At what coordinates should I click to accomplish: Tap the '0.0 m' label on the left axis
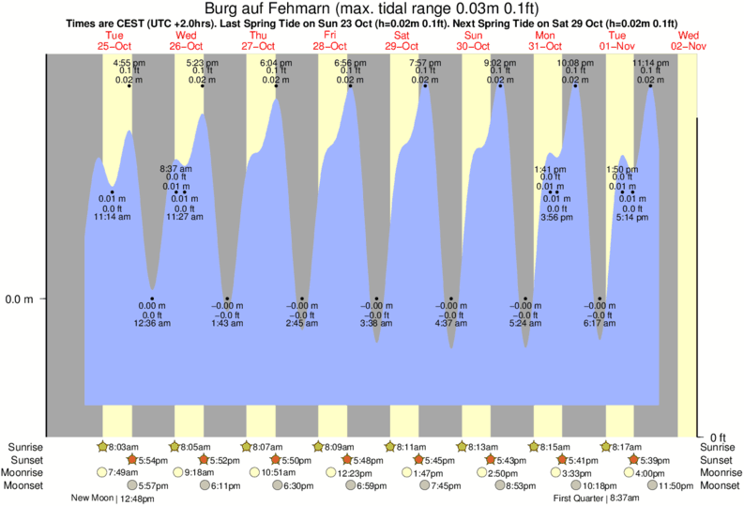pos(21,299)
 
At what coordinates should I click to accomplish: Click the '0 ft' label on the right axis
pos(717,437)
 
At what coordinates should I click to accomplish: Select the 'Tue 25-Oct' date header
pos(114,40)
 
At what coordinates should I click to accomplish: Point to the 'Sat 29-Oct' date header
pos(402,40)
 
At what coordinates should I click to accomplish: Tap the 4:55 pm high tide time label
pos(129,62)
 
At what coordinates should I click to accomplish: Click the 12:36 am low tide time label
pos(153,323)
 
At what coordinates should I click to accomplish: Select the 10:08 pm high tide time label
pos(575,62)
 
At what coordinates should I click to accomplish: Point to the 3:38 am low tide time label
pos(375,323)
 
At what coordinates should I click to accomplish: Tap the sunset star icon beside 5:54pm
pos(132,460)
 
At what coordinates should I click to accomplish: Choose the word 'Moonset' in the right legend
pos(720,485)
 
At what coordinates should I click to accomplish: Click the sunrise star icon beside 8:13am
pos(462,447)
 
